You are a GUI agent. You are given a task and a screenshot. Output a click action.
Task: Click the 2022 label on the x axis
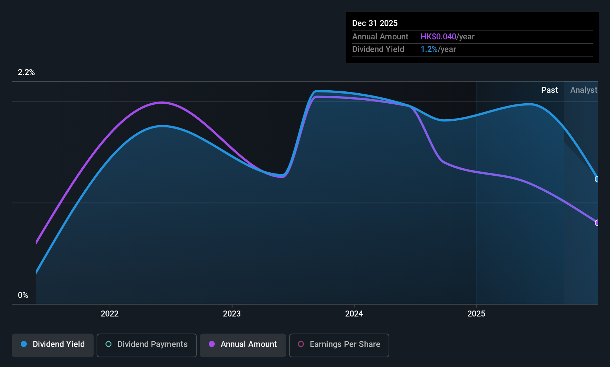(110, 314)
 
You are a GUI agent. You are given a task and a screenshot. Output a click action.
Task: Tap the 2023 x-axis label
(232, 314)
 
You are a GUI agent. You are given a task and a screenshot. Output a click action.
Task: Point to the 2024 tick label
(354, 314)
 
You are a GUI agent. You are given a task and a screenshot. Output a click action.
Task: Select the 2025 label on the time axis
(476, 314)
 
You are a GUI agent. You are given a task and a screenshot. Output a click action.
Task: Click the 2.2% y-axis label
(26, 72)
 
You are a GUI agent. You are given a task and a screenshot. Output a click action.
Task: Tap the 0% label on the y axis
(23, 295)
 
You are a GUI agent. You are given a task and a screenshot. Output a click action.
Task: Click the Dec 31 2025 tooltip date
(375, 23)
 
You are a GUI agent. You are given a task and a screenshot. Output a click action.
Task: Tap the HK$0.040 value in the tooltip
(438, 36)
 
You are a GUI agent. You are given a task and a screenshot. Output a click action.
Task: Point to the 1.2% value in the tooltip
(429, 49)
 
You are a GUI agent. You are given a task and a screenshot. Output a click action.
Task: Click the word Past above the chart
(549, 90)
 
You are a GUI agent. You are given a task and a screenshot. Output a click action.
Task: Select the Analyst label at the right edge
(584, 90)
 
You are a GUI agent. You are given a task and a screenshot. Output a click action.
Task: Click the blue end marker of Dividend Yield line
(597, 179)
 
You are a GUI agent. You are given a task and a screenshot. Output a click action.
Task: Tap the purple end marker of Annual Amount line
(597, 223)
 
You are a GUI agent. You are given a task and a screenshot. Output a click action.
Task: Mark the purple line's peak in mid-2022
(162, 103)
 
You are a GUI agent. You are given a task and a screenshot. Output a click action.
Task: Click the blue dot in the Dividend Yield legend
(24, 344)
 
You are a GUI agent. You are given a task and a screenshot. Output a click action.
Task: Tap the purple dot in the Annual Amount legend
(212, 344)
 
